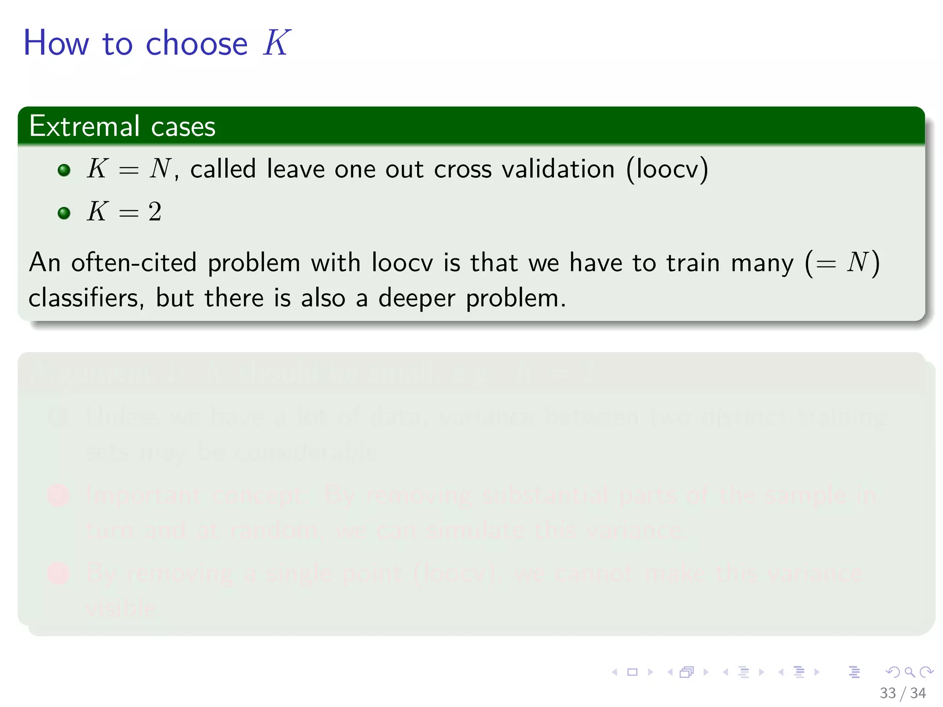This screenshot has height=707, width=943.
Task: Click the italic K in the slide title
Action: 276,43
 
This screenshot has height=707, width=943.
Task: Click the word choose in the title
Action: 197,44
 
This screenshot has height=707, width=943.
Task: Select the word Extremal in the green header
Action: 84,126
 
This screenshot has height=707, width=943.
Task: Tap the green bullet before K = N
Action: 64,170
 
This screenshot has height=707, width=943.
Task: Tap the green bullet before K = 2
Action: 64,213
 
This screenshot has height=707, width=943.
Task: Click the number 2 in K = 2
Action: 155,212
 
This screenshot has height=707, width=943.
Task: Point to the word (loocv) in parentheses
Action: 667,169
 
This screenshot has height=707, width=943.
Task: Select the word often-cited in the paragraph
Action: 134,263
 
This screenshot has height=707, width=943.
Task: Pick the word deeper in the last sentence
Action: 416,299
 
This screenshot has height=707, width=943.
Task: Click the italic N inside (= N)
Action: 857,262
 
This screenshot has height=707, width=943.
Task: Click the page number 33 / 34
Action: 902,693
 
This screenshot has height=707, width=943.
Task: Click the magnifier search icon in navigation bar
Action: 909,672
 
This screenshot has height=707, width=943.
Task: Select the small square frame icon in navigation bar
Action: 632,672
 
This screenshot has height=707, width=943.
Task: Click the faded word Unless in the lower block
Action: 123,417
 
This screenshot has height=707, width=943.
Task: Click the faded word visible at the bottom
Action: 122,608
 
